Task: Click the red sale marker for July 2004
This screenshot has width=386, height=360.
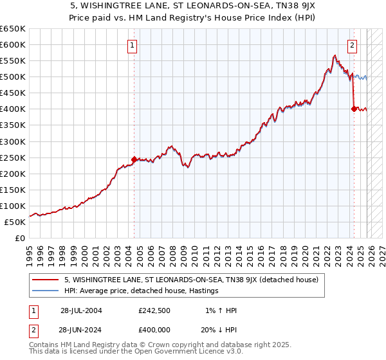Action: [x=134, y=159]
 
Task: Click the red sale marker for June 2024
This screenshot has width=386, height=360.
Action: [x=354, y=109]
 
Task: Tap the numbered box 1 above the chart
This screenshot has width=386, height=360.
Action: [x=132, y=45]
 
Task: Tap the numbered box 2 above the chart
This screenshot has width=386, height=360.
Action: [x=353, y=45]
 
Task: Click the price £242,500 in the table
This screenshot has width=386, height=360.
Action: [x=155, y=310]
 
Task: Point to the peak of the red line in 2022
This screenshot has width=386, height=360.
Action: [x=335, y=55]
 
